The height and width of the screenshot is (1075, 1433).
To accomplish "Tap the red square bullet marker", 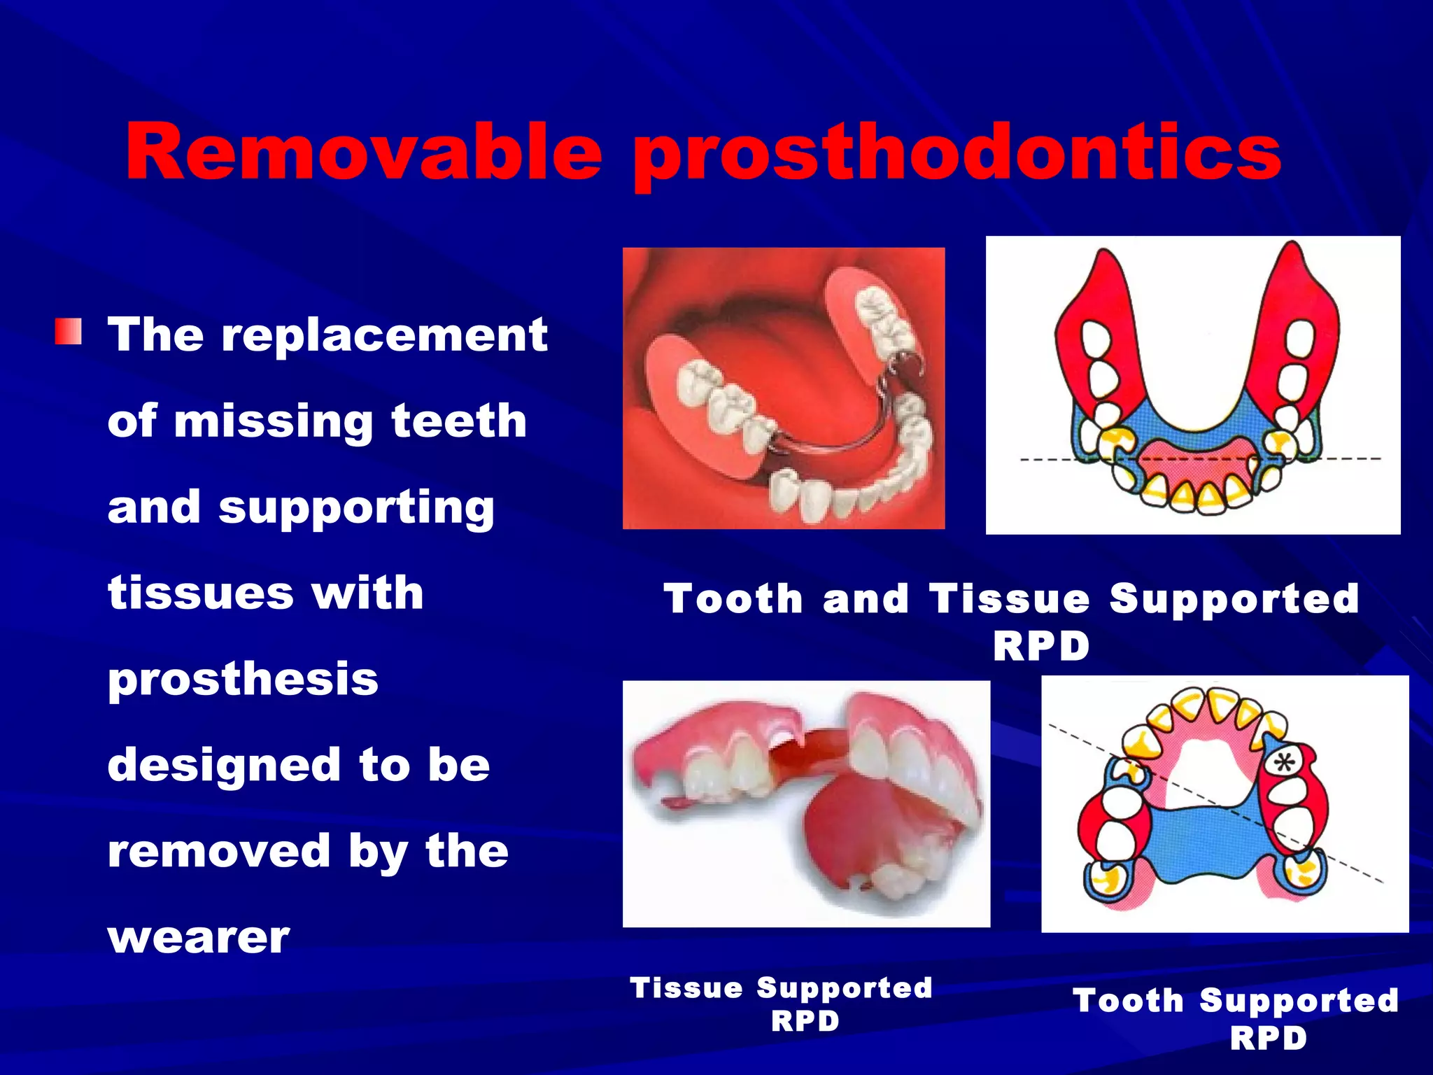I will coord(69,332).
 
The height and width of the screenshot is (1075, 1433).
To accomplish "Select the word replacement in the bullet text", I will coord(384,336).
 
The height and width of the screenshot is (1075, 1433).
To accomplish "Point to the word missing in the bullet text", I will coord(272,422).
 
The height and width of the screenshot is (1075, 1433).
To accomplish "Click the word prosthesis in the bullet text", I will coord(243,680).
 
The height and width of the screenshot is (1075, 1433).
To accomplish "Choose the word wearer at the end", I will coord(198,938).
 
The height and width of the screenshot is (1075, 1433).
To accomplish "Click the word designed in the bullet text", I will coord(223,765).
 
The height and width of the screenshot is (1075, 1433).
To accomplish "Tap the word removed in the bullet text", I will coord(218,851).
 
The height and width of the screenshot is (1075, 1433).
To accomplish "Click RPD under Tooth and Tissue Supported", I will coord(1040,645).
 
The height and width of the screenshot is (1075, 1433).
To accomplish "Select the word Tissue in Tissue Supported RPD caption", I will coord(686,988).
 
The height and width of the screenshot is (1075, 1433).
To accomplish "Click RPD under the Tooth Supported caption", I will coord(1268,1038).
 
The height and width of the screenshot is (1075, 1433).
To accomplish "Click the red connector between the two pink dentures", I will coord(812,752).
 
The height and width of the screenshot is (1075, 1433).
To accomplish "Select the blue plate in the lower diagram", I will coord(1203,840).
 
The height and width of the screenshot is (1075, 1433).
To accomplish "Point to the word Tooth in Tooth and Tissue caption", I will coord(733,600).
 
